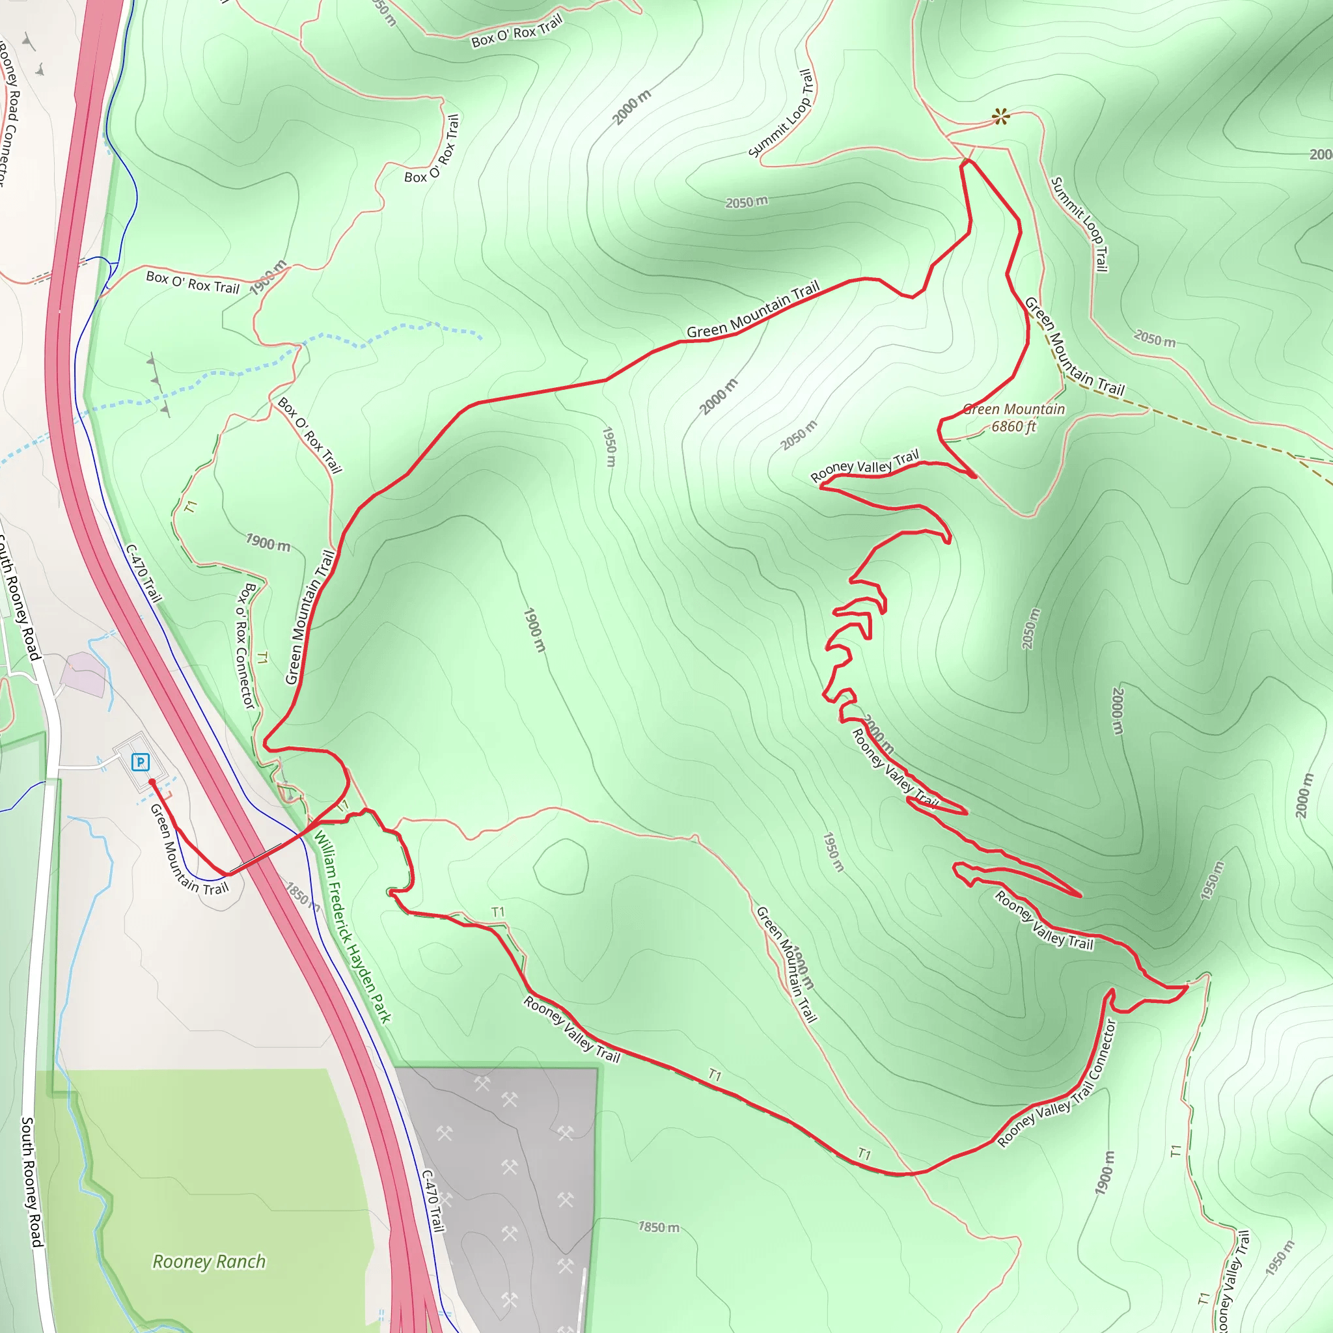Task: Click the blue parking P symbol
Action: tap(140, 762)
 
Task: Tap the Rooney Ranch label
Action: tap(208, 1261)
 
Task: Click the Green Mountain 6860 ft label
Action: tap(1013, 417)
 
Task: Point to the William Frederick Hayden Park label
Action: tap(352, 928)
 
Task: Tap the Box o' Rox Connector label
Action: tap(245, 645)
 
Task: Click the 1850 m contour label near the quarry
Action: tap(658, 1227)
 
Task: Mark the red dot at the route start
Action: tap(152, 782)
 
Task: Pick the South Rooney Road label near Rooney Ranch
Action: tap(32, 1181)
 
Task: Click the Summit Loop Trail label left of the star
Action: tap(782, 113)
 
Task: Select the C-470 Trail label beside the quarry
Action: tap(433, 1200)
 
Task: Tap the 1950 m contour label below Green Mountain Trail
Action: tap(609, 447)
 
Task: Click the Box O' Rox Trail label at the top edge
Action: tap(517, 32)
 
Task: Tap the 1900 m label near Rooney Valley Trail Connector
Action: tap(1105, 1172)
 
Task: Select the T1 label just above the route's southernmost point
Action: tap(864, 1153)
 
